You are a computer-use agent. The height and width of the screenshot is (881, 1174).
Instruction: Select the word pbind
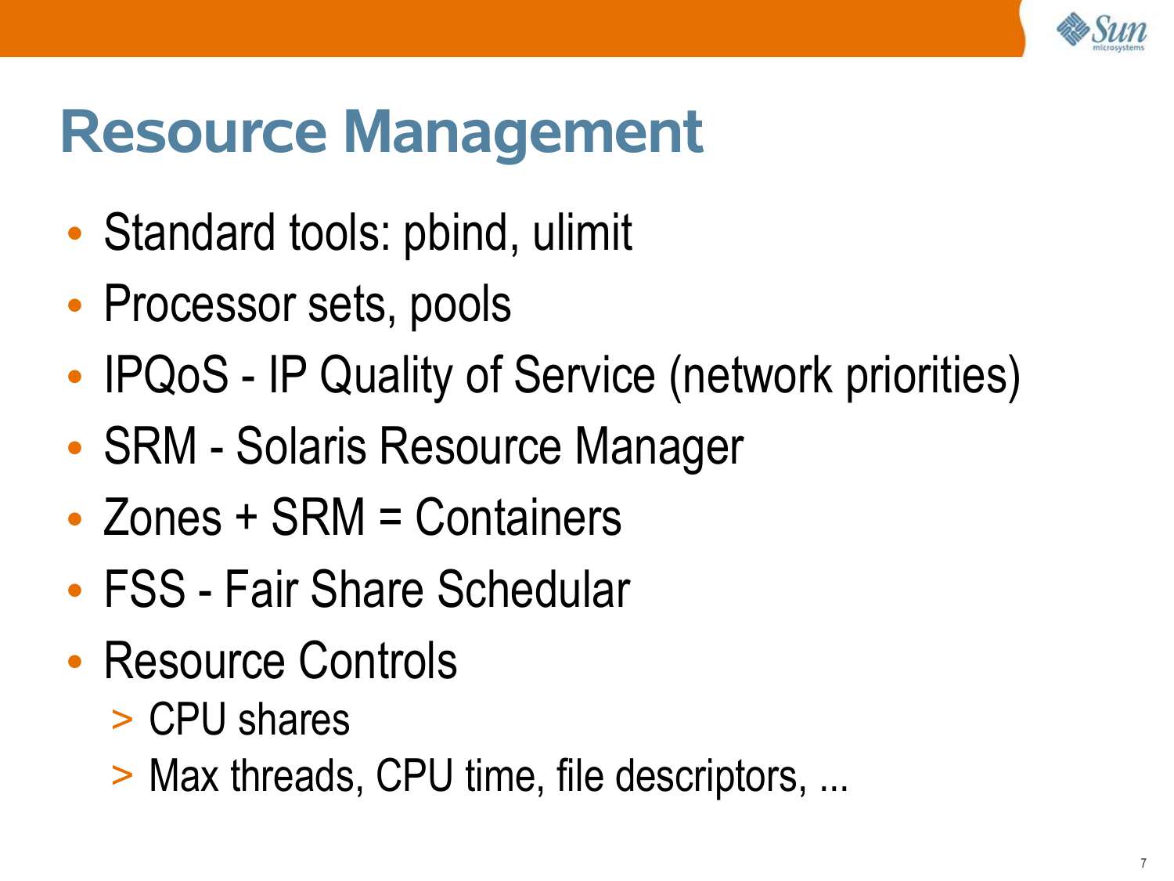[456, 233]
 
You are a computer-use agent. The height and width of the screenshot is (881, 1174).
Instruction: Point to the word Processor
[200, 304]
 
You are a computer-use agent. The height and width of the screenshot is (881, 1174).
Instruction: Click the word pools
[460, 306]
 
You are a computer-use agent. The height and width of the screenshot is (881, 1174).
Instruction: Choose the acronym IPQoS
[167, 375]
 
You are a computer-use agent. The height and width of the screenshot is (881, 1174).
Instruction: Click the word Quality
[386, 377]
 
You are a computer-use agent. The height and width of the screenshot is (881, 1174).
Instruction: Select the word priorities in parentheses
[927, 377]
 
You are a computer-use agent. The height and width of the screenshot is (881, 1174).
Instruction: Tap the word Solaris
[301, 446]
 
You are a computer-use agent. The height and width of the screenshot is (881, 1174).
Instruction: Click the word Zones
[163, 518]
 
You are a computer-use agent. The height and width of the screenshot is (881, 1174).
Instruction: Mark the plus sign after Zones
[247, 518]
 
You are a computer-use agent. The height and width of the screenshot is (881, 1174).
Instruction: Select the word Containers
[518, 518]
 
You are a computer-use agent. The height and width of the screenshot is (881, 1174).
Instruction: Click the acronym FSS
[145, 589]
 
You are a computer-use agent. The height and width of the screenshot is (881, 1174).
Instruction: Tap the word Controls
[377, 661]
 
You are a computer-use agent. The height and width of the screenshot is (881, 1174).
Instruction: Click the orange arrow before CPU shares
[122, 720]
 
